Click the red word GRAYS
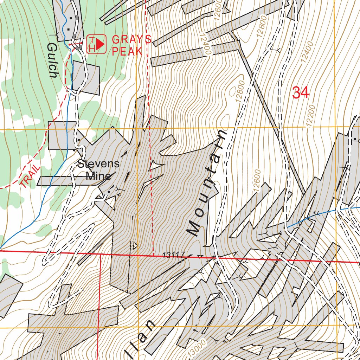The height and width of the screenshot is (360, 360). point(131,39)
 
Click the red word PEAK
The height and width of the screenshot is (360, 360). point(127,51)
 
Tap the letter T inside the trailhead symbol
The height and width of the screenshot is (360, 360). point(92,40)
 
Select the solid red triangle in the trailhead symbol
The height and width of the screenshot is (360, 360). point(101,44)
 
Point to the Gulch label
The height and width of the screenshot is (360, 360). point(52,60)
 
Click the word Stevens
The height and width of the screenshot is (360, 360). point(98,164)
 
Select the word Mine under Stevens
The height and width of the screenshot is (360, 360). point(98,176)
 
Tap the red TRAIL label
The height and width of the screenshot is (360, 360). point(30,175)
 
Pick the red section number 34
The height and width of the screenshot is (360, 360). point(300,93)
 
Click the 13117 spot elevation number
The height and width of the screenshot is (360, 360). point(174,256)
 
